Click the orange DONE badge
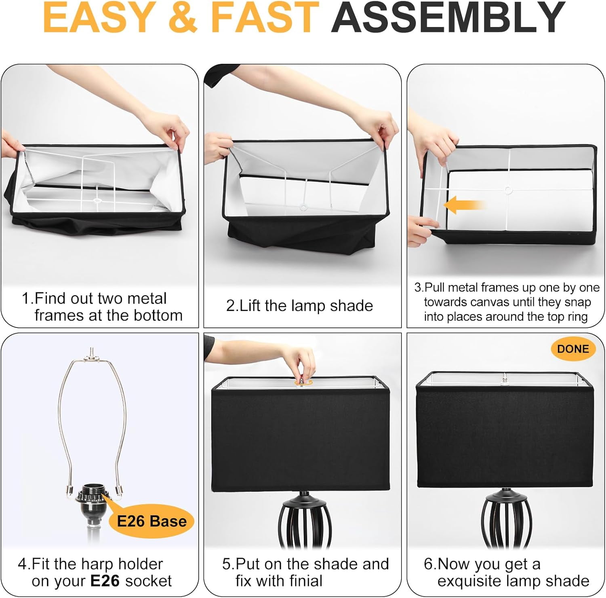coord(573,349)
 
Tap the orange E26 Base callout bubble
coord(151,521)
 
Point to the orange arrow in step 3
coord(465,205)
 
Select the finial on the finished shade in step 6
coord(504,380)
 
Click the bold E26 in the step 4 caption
coord(105,581)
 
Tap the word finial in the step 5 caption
coord(299,581)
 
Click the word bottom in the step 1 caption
coord(158,315)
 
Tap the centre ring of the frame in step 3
coord(508,190)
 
